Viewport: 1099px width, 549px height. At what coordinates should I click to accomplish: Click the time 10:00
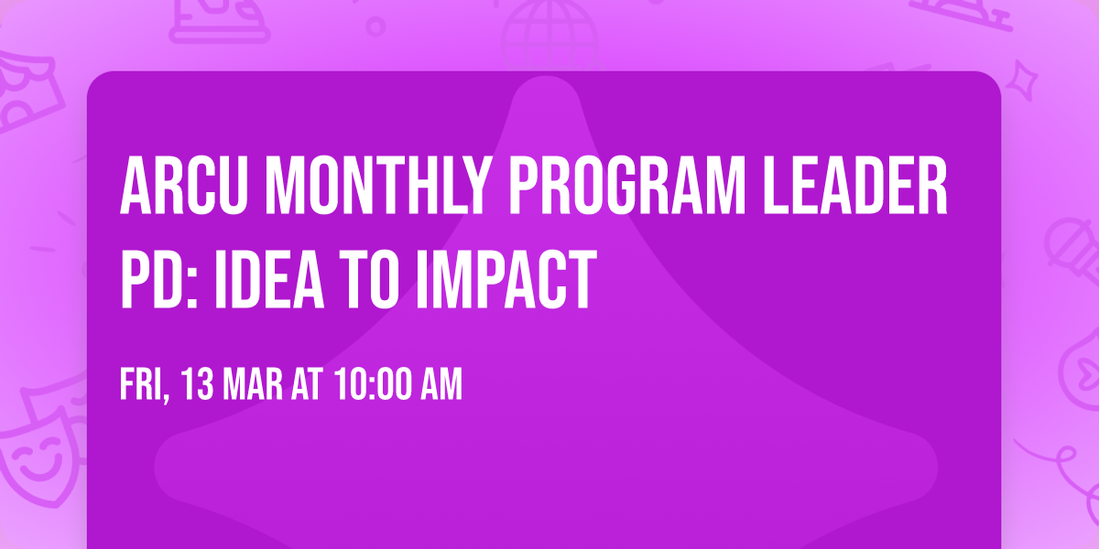[x=376, y=385]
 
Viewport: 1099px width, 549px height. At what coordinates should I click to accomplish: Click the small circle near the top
[x=376, y=26]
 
